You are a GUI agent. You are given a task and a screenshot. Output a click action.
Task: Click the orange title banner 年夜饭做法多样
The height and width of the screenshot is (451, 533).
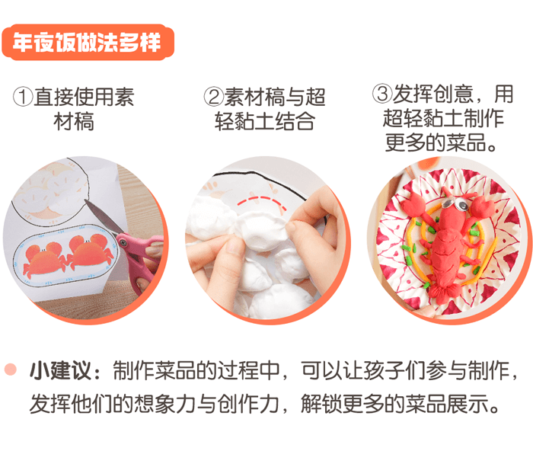point(88,43)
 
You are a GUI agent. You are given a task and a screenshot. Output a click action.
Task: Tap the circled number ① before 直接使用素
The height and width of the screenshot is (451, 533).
point(24,98)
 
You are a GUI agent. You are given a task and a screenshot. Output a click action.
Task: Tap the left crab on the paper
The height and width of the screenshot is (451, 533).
point(45,257)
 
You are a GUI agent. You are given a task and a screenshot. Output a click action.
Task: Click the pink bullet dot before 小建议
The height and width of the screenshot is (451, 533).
point(10,369)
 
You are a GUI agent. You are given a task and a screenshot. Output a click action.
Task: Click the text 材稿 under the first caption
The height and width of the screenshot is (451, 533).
point(74,122)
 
